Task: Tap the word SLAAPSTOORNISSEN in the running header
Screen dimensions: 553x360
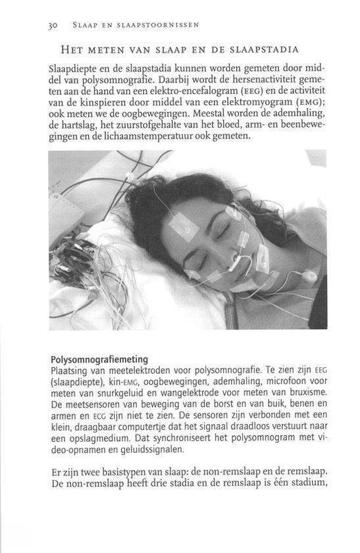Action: [163, 25]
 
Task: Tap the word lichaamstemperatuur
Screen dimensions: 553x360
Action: [163, 136]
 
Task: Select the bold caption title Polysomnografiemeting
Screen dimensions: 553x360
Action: [99, 359]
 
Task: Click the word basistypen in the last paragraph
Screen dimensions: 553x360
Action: [138, 472]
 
